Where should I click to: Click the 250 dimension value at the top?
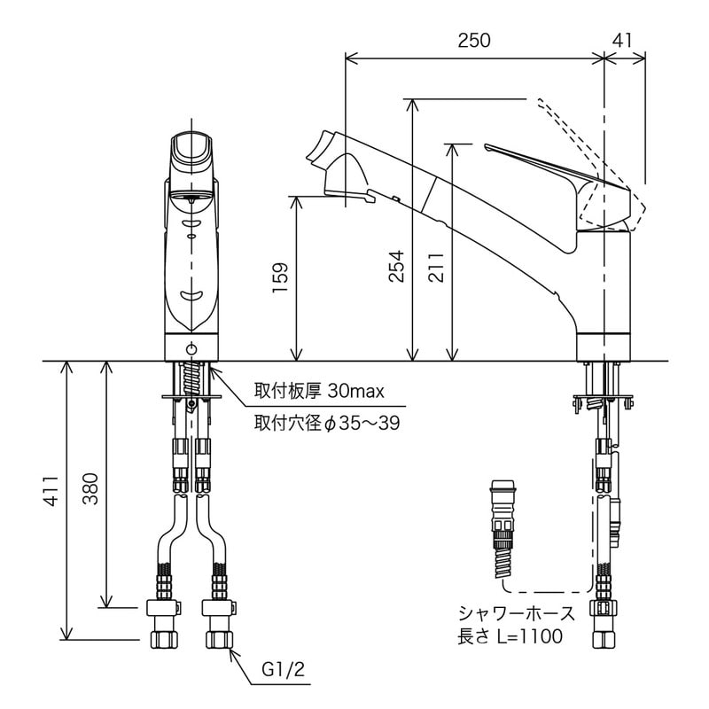pos(474,40)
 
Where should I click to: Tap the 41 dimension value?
pos(623,40)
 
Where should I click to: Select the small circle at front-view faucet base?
pos(191,348)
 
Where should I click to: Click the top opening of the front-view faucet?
pos(191,144)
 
